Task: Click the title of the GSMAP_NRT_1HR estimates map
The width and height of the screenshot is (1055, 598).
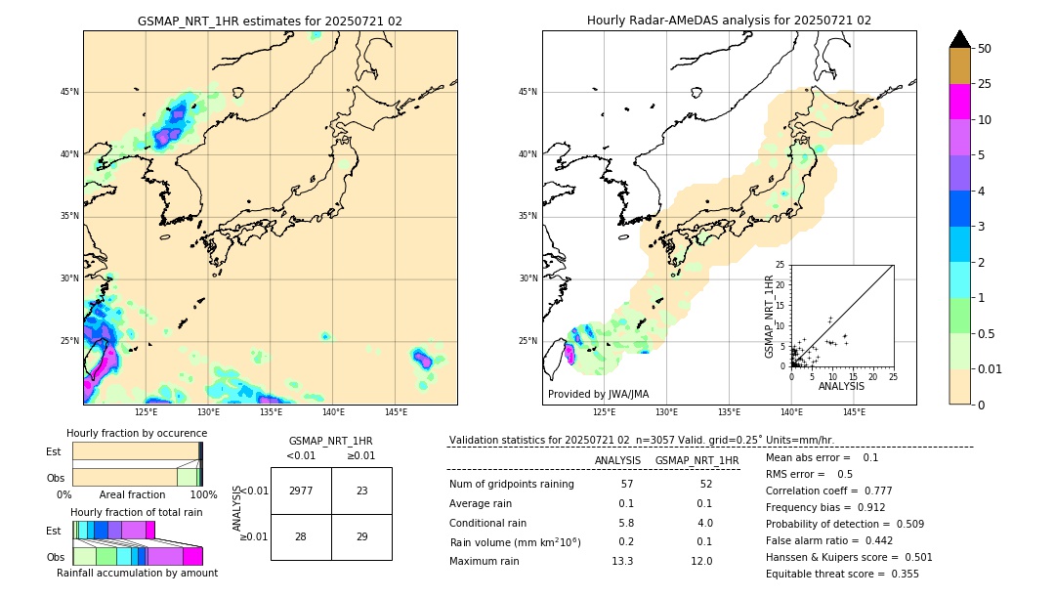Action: pyautogui.click(x=270, y=21)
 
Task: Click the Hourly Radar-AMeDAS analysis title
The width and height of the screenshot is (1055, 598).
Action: pyautogui.click(x=729, y=21)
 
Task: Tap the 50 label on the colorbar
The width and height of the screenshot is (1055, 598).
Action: pyautogui.click(x=985, y=49)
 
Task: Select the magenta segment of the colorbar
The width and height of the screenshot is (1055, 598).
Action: pyautogui.click(x=960, y=102)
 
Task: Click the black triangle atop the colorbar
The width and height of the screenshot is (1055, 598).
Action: pyautogui.click(x=960, y=39)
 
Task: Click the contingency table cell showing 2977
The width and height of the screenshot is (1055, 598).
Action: pyautogui.click(x=301, y=491)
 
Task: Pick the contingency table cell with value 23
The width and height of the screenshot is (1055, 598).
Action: pyautogui.click(x=361, y=491)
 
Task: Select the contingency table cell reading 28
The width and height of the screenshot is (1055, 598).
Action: pyautogui.click(x=301, y=537)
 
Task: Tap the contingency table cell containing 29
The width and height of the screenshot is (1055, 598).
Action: pyautogui.click(x=361, y=537)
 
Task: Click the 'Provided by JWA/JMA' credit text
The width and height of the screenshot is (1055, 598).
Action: pyautogui.click(x=598, y=394)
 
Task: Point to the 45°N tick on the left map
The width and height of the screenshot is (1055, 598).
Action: pyautogui.click(x=69, y=92)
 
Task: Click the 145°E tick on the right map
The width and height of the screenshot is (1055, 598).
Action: pyautogui.click(x=854, y=412)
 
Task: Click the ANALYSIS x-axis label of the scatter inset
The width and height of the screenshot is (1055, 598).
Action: pyautogui.click(x=841, y=387)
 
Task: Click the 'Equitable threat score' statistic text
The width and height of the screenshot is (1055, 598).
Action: pyautogui.click(x=842, y=574)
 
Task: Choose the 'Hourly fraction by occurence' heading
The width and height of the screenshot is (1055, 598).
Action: pyautogui.click(x=137, y=433)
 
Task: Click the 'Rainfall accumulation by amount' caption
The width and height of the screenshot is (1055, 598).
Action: pyautogui.click(x=138, y=573)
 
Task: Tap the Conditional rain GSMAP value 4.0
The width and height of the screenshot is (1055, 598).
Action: pyautogui.click(x=704, y=523)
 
